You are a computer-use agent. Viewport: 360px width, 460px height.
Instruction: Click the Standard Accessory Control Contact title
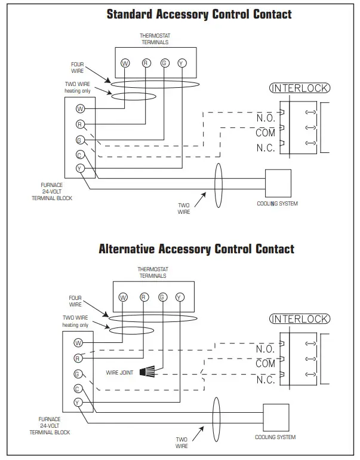click(x=199, y=14)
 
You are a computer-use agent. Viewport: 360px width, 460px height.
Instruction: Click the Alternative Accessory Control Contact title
click(x=196, y=249)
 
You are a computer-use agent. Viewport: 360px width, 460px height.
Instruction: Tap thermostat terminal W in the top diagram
click(x=125, y=63)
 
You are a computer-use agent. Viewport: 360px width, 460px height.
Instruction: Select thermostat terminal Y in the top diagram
click(x=182, y=63)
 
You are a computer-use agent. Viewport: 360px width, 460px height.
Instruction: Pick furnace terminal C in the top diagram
click(x=79, y=155)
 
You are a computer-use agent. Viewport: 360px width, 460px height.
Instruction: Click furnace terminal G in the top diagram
click(x=79, y=140)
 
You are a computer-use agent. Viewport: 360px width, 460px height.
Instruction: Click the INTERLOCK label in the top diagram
click(x=300, y=88)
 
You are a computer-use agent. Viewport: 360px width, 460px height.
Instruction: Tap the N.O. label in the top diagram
click(x=266, y=118)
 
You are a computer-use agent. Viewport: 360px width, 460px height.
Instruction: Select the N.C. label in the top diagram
click(x=266, y=148)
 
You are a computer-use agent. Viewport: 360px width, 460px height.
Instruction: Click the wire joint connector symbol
click(x=146, y=372)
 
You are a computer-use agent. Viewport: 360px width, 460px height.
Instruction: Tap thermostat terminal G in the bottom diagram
click(x=161, y=297)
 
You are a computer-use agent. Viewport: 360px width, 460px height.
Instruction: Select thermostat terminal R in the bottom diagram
click(x=143, y=297)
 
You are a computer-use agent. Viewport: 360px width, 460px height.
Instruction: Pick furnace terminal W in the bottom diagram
click(x=78, y=343)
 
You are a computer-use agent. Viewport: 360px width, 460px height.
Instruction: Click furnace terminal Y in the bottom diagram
click(x=78, y=403)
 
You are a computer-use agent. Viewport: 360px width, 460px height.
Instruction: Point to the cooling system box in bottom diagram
click(x=275, y=418)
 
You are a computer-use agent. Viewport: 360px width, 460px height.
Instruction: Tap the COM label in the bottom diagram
click(x=266, y=363)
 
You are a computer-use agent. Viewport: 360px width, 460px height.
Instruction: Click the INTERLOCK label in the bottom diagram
click(x=300, y=319)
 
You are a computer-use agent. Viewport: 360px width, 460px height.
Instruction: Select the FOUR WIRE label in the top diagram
click(x=77, y=67)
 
